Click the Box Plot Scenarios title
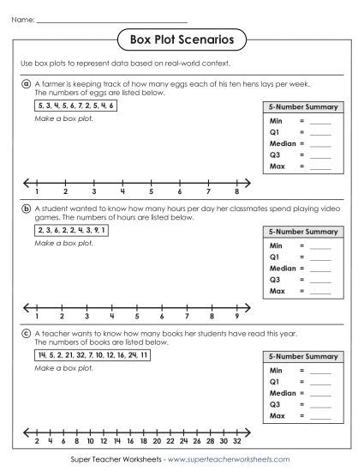181,39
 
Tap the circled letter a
27,84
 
